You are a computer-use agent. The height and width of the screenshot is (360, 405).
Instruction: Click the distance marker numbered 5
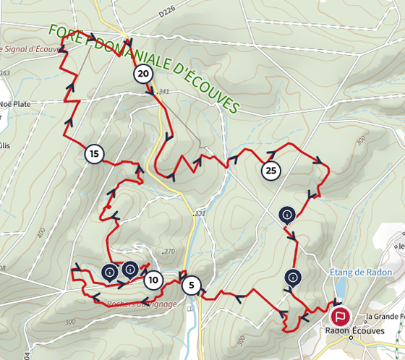(191, 286)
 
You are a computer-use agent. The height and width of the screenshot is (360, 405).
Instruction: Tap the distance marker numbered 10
(153, 280)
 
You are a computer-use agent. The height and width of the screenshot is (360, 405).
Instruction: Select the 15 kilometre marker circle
(94, 153)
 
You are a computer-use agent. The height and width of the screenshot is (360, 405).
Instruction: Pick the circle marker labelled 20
(143, 74)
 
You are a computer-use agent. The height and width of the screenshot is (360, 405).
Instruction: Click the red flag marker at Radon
(340, 316)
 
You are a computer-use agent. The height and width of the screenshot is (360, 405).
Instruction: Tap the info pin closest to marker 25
(287, 215)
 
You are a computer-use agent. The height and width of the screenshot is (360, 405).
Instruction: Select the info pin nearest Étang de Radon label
(292, 276)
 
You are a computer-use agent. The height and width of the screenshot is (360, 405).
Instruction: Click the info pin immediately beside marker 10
(130, 270)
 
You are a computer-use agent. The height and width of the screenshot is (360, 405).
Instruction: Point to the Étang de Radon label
(362, 273)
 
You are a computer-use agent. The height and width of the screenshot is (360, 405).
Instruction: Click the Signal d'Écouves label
(29, 49)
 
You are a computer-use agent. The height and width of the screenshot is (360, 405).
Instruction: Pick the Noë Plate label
(16, 103)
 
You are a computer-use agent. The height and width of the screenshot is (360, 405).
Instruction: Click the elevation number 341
(162, 92)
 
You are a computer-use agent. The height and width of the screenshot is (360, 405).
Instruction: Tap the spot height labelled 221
(200, 214)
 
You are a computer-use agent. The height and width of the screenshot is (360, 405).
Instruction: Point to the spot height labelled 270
(169, 252)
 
